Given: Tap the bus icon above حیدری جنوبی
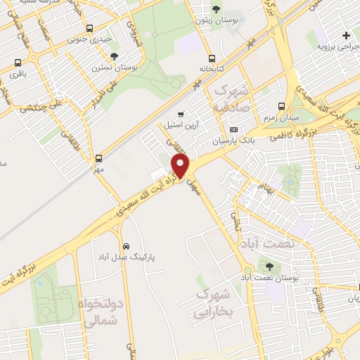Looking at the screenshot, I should click(89, 29).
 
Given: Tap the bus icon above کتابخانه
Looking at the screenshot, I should click(211, 59).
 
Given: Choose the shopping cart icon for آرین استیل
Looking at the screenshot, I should click(181, 114).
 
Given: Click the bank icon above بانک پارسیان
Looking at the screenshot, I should click(234, 130).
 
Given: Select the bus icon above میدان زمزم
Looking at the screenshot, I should click(281, 106).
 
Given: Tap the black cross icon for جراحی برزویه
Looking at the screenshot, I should click(345, 36).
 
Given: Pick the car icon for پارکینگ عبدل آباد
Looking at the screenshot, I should click(125, 247).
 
